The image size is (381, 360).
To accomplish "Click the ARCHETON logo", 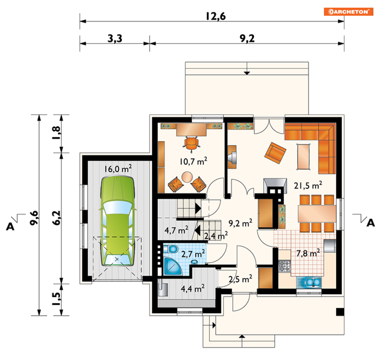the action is [348, 12].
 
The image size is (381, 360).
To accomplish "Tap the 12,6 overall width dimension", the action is [216, 16].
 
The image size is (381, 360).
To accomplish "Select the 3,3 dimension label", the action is [115, 38].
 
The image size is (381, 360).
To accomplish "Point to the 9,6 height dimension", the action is [34, 218].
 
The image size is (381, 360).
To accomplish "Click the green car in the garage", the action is [117, 221].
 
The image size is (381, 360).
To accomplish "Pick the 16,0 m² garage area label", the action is [118, 169].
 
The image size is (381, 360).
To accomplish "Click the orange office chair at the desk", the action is [191, 144].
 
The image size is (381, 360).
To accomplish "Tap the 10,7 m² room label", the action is [193, 161].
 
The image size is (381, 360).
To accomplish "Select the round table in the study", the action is [187, 177].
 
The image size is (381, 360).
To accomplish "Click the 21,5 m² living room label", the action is [308, 185].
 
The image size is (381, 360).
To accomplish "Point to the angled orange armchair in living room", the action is [275, 153].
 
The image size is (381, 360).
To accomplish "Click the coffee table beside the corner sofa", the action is [304, 157].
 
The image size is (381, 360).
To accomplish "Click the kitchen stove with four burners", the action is [285, 266].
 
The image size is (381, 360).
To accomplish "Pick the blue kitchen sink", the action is [309, 283].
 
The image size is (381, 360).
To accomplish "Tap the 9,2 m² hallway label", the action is [240, 223].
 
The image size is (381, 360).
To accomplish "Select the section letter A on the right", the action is [371, 223].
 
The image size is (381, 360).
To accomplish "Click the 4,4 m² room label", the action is [193, 288].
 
